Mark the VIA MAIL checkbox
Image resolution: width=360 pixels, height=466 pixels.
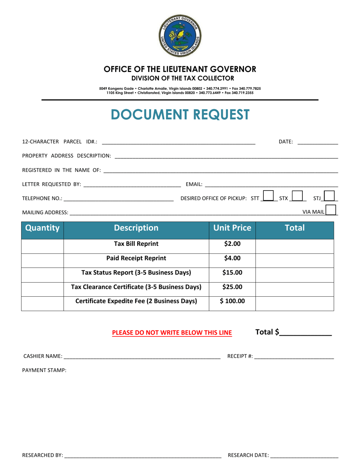[x=331, y=210]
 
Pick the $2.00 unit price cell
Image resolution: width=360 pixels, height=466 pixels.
[x=232, y=244]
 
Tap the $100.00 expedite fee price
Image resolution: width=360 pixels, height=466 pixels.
[x=232, y=302]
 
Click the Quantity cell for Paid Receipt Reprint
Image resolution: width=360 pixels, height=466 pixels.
[x=42, y=259]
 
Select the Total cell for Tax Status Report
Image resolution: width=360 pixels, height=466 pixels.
[x=295, y=273]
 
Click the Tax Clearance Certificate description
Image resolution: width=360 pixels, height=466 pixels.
[x=136, y=287]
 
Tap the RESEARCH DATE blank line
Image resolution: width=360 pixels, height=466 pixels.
[x=304, y=455]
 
